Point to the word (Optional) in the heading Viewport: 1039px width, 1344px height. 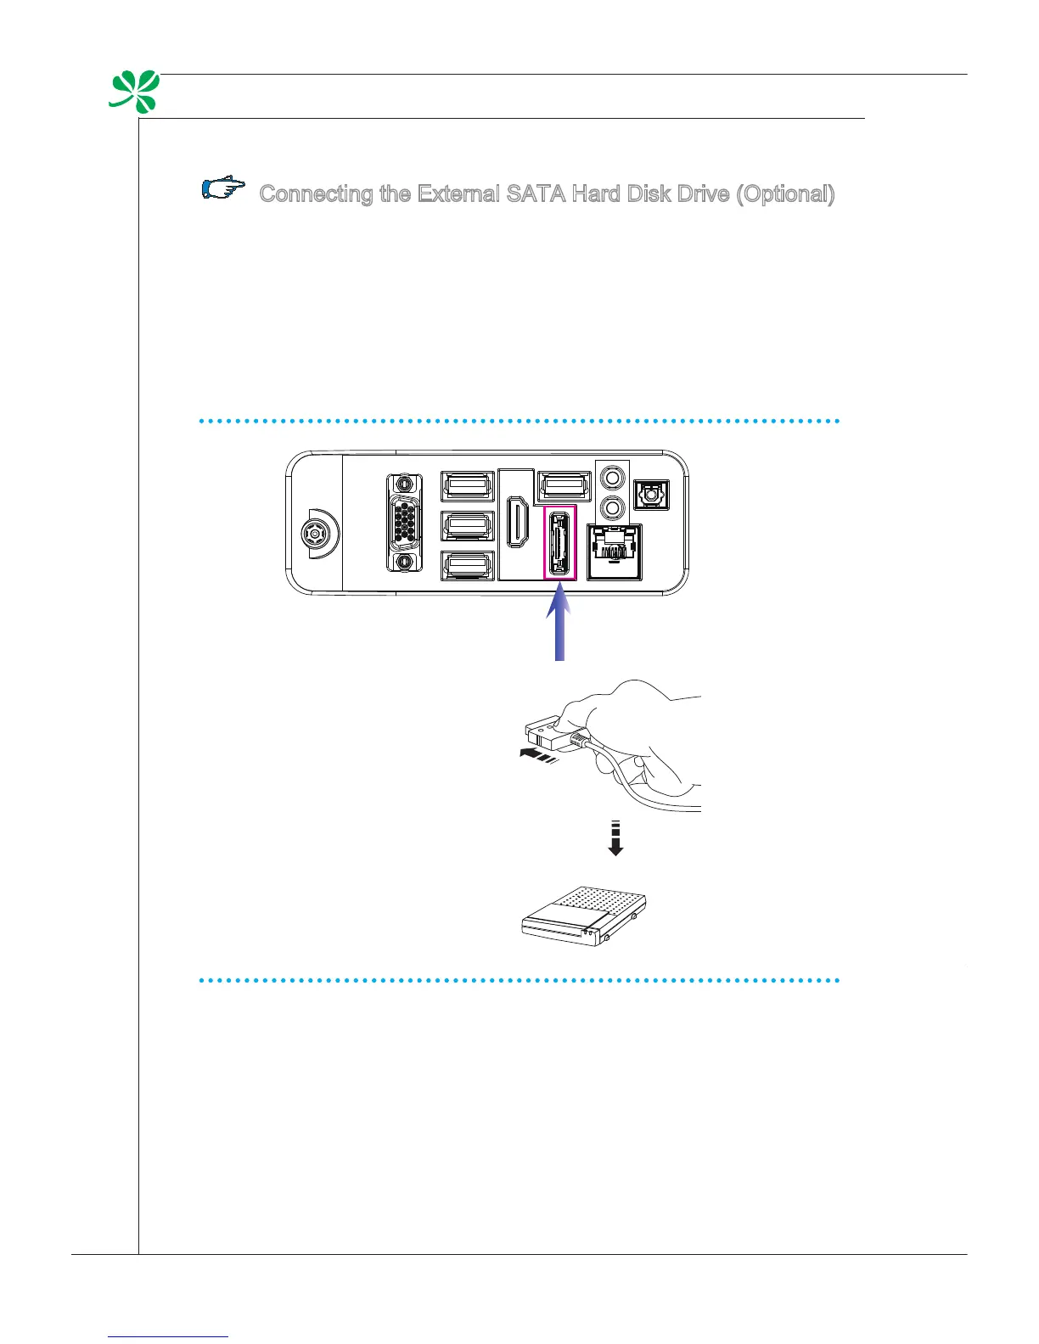(x=785, y=194)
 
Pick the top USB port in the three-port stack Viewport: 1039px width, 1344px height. (x=468, y=485)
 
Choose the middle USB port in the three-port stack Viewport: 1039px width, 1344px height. (x=468, y=525)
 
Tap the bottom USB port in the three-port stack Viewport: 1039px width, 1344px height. (x=468, y=566)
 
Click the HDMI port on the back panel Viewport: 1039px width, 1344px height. (x=515, y=522)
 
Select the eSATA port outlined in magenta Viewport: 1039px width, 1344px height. (x=560, y=543)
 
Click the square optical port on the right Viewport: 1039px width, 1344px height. (x=653, y=494)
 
